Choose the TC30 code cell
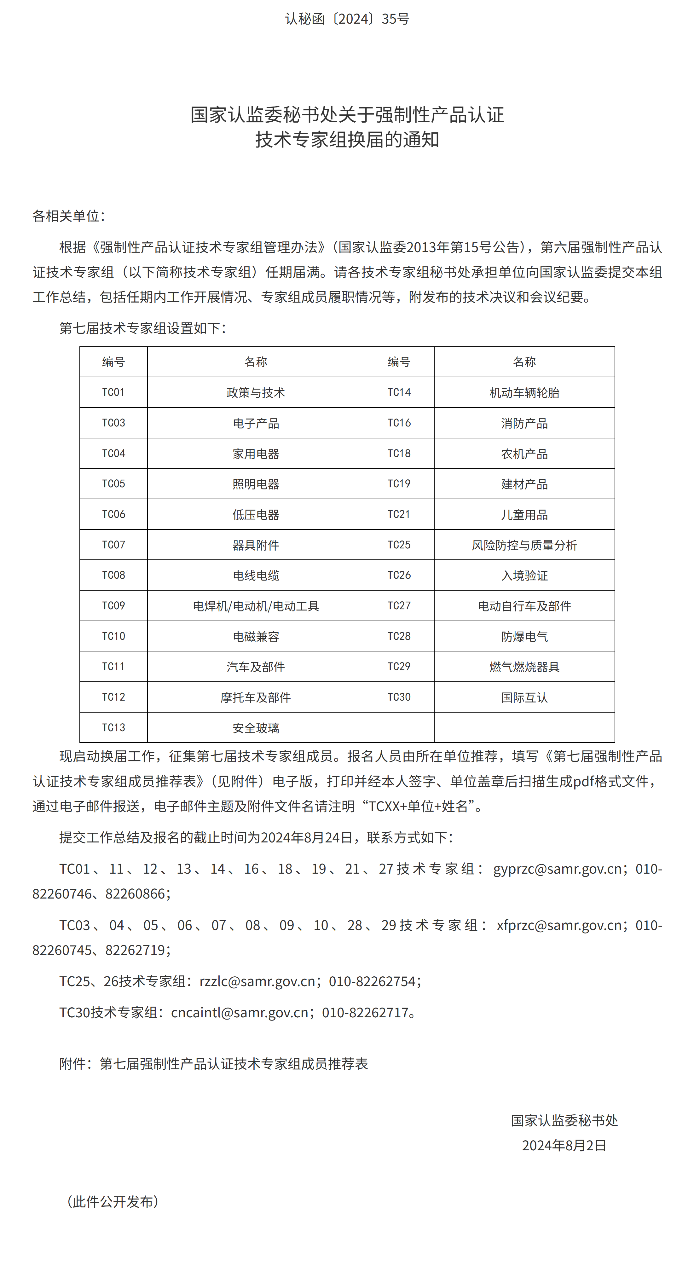pyautogui.click(x=399, y=697)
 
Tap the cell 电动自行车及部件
pyautogui.click(x=524, y=606)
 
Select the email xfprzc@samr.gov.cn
pyautogui.click(x=559, y=925)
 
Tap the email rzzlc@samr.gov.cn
pyautogui.click(x=257, y=981)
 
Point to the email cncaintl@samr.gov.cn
pyautogui.click(x=240, y=1013)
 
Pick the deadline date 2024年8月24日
pyautogui.click(x=306, y=837)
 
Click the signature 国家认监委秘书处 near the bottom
pyautogui.click(x=564, y=1120)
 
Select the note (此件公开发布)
pyautogui.click(x=113, y=1201)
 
